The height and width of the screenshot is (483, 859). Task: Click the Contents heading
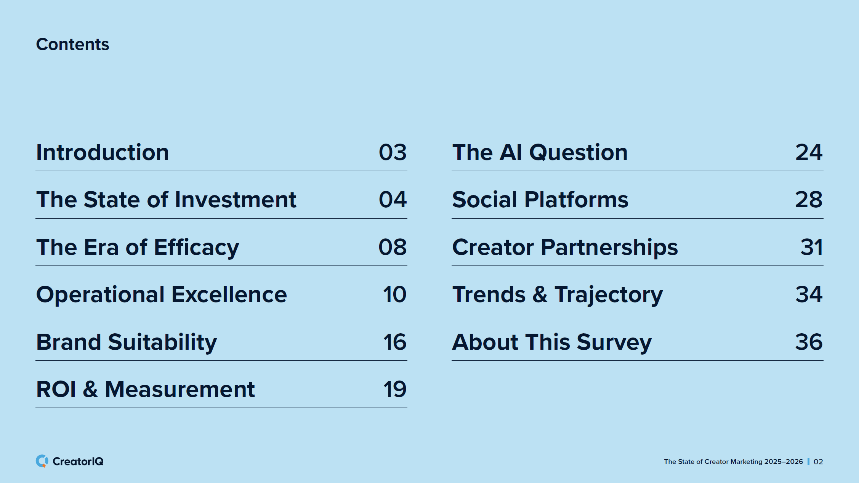pyautogui.click(x=72, y=44)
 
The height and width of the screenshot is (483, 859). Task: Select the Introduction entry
pyautogui.click(x=103, y=152)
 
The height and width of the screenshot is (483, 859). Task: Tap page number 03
pyautogui.click(x=393, y=152)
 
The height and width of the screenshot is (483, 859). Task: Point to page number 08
pyautogui.click(x=393, y=247)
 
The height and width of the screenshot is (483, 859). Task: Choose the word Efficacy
pyautogui.click(x=197, y=248)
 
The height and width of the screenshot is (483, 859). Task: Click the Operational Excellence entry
pyautogui.click(x=162, y=294)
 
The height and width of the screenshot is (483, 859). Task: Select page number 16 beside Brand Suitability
pyautogui.click(x=395, y=342)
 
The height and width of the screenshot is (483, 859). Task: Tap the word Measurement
pyautogui.click(x=180, y=389)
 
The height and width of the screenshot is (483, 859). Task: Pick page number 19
pyautogui.click(x=395, y=389)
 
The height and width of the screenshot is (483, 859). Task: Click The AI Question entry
pyautogui.click(x=540, y=152)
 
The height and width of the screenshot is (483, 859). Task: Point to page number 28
pyautogui.click(x=809, y=200)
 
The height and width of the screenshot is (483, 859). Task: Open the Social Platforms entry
pyautogui.click(x=540, y=200)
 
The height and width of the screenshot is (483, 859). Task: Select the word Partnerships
pyautogui.click(x=609, y=248)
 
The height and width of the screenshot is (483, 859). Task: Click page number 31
pyautogui.click(x=812, y=247)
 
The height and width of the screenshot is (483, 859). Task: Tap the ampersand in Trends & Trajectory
pyautogui.click(x=540, y=294)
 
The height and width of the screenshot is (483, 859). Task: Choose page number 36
pyautogui.click(x=809, y=342)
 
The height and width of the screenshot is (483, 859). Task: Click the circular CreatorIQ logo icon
pyautogui.click(x=42, y=461)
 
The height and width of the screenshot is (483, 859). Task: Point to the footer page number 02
pyautogui.click(x=818, y=462)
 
